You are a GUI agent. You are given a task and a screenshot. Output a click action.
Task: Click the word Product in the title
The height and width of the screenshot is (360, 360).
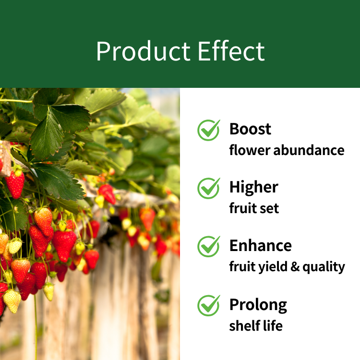click(x=143, y=51)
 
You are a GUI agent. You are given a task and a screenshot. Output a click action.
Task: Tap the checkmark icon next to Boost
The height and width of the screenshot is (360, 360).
click(x=209, y=130)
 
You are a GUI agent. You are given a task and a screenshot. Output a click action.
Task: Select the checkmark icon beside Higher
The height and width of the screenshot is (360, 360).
click(x=209, y=188)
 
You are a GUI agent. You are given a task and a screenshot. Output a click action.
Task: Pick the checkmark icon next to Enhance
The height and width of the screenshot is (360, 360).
click(x=209, y=246)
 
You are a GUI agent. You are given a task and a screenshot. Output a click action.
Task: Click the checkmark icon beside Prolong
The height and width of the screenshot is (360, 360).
click(x=209, y=305)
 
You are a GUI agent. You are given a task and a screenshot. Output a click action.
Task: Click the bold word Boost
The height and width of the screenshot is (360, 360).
click(x=250, y=129)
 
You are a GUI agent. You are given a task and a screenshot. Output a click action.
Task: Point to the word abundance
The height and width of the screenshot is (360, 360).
click(x=309, y=150)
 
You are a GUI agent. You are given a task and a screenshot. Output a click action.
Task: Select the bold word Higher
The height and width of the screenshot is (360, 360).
click(x=254, y=187)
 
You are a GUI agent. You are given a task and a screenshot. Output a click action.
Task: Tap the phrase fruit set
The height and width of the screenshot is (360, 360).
click(x=254, y=208)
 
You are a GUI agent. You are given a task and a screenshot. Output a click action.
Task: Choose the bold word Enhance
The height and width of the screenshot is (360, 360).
click(x=261, y=245)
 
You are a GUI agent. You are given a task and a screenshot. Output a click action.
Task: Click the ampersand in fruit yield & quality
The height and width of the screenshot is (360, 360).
click(x=295, y=267)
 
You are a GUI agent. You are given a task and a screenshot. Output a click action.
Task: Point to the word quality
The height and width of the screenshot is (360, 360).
click(x=324, y=267)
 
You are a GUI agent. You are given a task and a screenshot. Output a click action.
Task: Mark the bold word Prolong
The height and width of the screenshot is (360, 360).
click(x=258, y=305)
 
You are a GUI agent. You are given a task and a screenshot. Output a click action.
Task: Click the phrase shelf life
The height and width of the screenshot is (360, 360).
click(x=256, y=325)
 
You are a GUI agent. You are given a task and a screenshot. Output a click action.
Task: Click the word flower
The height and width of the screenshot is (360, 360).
click(x=250, y=150)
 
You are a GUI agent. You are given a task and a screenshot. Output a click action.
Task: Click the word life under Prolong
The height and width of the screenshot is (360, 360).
click(x=273, y=325)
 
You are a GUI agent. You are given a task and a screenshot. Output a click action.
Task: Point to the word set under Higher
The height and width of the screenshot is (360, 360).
click(x=270, y=209)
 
